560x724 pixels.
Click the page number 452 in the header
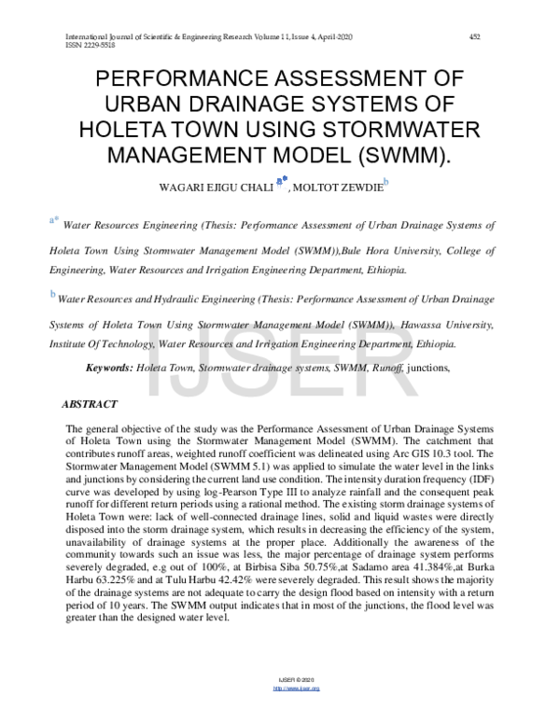474,36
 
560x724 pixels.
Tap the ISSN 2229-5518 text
63,45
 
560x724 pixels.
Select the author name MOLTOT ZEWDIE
338,188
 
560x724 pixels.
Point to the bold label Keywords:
109,369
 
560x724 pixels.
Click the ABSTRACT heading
89,405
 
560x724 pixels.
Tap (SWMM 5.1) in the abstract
234,466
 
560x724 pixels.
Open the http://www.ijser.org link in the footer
296,715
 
